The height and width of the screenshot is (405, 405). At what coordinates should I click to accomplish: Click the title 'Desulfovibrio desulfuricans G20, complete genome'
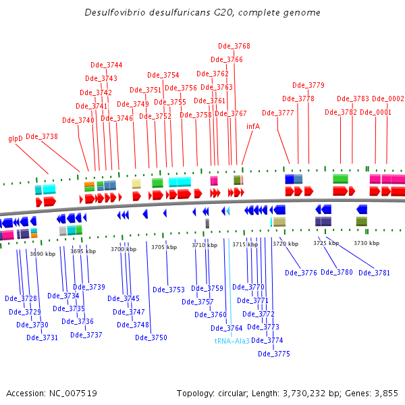point(202,13)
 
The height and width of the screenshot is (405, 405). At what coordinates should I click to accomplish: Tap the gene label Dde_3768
point(234,46)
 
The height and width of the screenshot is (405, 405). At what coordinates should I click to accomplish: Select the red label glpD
point(16,138)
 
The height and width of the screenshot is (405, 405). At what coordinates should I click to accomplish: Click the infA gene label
point(253,126)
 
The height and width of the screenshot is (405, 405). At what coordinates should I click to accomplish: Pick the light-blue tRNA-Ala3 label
point(232,341)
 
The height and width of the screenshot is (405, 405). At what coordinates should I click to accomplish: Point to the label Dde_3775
point(274,354)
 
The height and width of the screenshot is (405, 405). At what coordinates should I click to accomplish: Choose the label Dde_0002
point(388,99)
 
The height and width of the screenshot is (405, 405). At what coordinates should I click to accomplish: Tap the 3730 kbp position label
point(367,243)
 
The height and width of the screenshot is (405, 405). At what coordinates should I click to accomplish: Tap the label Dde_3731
point(42,337)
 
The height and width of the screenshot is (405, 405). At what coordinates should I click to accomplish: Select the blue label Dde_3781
point(375,273)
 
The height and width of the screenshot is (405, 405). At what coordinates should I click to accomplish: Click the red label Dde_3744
point(107,65)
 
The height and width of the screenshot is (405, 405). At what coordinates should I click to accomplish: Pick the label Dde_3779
point(308,85)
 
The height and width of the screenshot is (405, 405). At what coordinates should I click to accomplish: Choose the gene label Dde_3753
point(169,290)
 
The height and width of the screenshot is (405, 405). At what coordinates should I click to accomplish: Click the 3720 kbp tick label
point(286,244)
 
